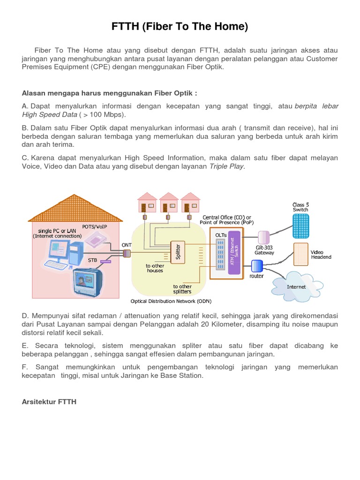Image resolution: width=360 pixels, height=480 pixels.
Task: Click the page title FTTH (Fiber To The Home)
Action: (x=180, y=27)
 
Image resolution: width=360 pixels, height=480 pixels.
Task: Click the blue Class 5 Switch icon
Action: (x=300, y=225)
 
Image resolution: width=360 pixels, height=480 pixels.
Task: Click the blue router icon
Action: (x=257, y=266)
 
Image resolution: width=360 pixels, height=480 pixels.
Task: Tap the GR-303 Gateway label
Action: (x=264, y=250)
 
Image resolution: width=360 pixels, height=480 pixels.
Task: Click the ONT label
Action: (x=127, y=245)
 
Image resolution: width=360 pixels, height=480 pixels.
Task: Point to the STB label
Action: (x=92, y=259)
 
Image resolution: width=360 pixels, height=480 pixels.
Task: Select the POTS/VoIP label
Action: (x=95, y=226)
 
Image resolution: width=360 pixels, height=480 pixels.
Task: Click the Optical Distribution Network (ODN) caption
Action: (x=170, y=301)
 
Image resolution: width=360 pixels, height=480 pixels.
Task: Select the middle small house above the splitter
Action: (x=169, y=202)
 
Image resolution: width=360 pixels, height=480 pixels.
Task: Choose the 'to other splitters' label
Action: (x=182, y=289)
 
